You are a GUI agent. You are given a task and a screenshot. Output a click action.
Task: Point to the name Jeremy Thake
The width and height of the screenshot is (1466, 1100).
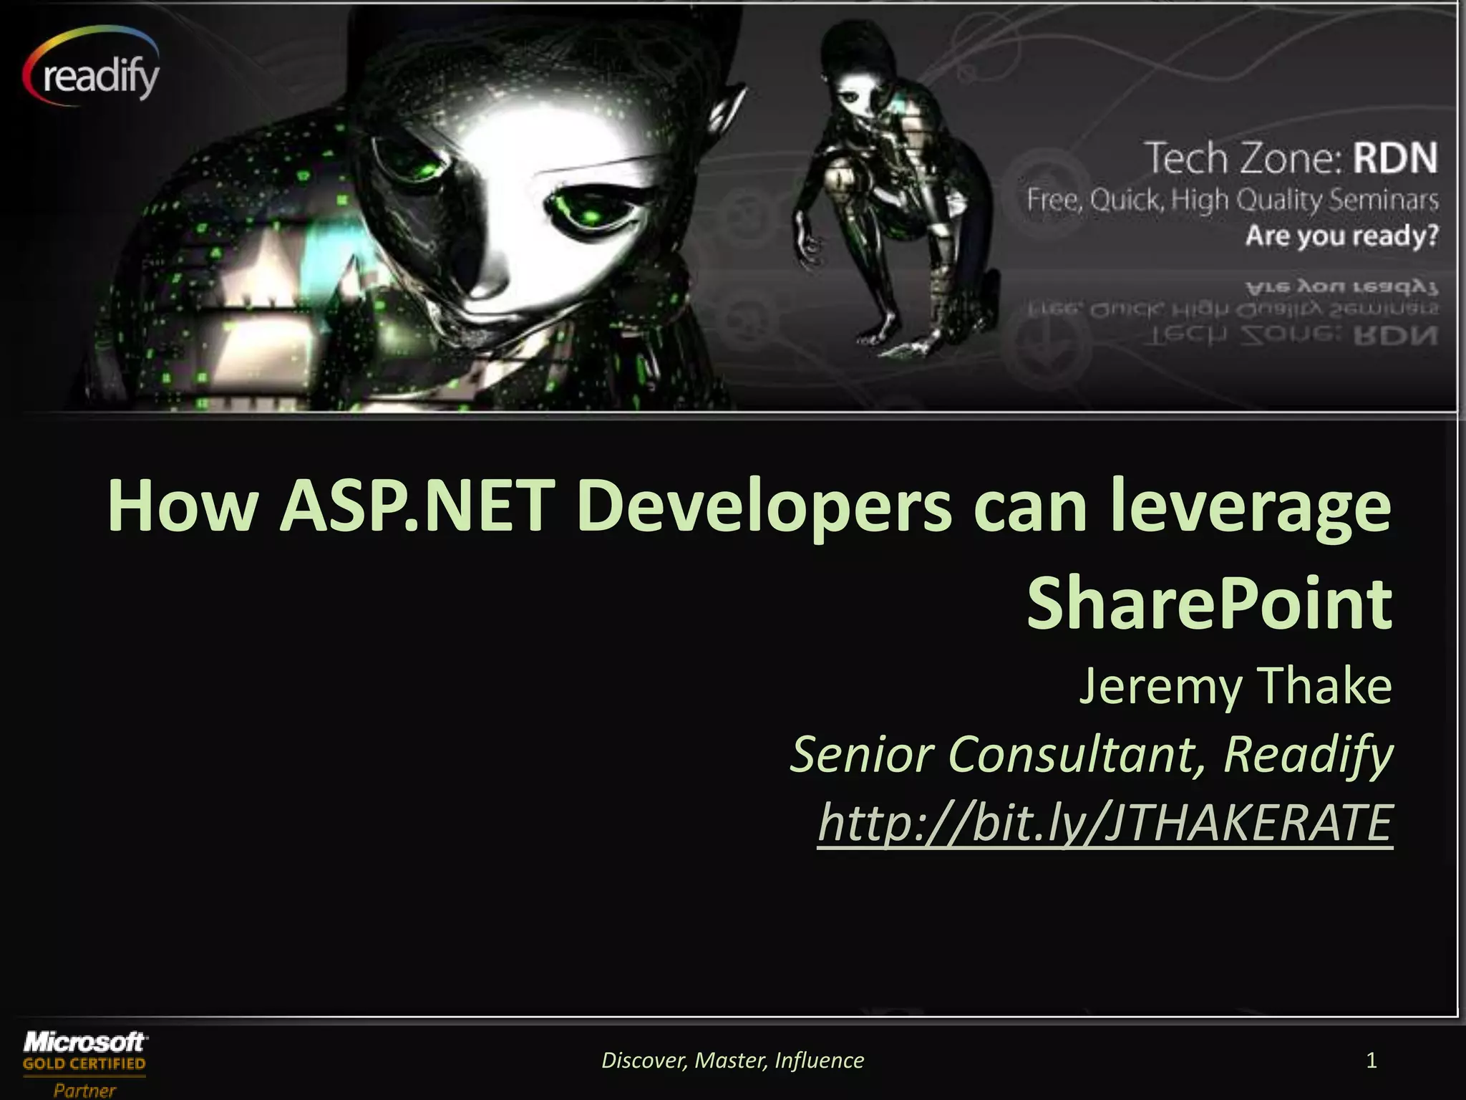pyautogui.click(x=1235, y=687)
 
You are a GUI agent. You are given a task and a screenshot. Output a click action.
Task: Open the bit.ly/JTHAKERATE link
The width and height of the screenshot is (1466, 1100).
pyautogui.click(x=1105, y=823)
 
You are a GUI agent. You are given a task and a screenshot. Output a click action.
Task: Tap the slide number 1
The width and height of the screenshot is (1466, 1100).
pyautogui.click(x=1372, y=1060)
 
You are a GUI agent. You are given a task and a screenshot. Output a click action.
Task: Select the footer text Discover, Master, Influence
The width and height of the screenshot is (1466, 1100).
pyautogui.click(x=732, y=1060)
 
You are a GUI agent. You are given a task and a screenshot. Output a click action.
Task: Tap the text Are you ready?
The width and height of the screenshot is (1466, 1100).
pyautogui.click(x=1341, y=236)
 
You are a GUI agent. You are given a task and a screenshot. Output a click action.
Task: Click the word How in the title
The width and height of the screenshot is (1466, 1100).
pyautogui.click(x=182, y=507)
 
